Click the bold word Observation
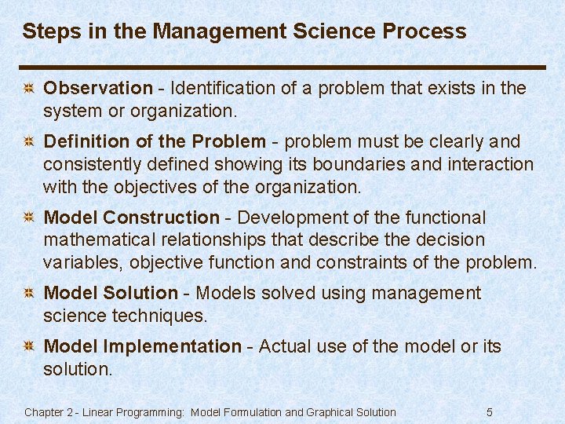click(98, 89)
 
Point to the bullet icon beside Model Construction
click(27, 218)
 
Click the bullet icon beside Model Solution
click(27, 294)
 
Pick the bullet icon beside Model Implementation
click(27, 347)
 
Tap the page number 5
click(490, 412)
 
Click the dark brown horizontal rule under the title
click(282, 67)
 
